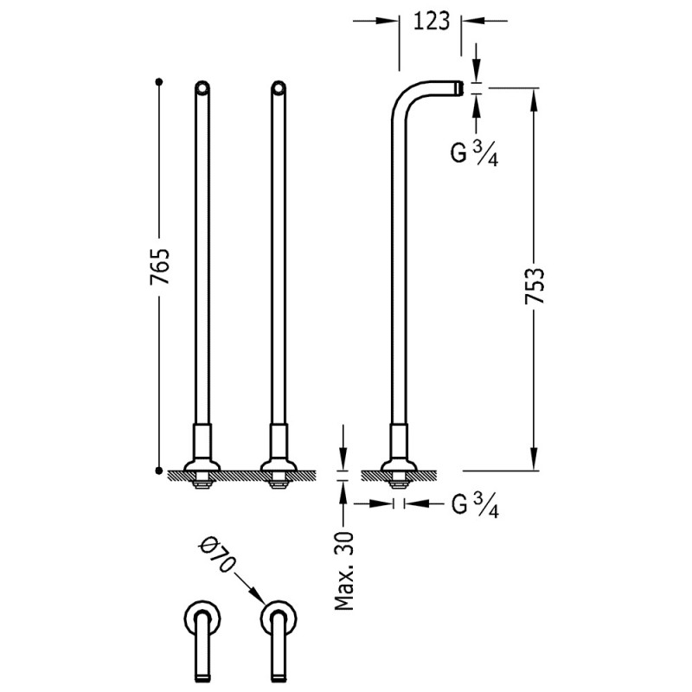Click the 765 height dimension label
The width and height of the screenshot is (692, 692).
[160, 266]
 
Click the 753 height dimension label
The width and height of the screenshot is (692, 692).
[535, 285]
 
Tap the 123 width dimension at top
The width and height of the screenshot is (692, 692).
[431, 21]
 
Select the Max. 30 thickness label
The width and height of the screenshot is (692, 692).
[344, 571]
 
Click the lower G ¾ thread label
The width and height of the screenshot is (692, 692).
[475, 504]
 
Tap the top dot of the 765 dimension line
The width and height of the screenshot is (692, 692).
[159, 81]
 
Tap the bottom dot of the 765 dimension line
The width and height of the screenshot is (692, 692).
[159, 471]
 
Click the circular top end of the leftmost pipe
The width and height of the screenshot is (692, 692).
[202, 88]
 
